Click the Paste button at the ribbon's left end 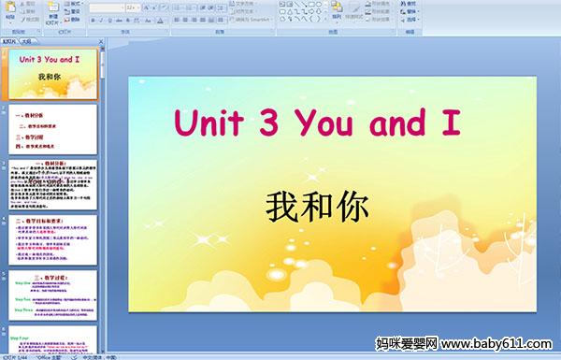click(x=9, y=13)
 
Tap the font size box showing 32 click(x=132, y=7)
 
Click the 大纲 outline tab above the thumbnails click(x=25, y=41)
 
